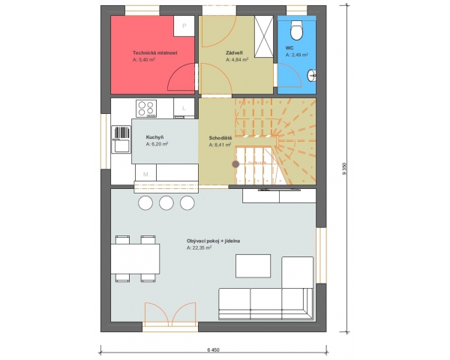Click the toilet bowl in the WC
click(x=296, y=30)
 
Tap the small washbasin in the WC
click(x=312, y=75)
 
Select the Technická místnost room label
click(x=155, y=52)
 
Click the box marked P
click(x=184, y=25)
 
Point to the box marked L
click(x=184, y=108)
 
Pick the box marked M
click(x=145, y=174)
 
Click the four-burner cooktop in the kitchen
click(x=146, y=109)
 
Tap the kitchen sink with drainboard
click(x=122, y=139)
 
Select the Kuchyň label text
click(x=154, y=137)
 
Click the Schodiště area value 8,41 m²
click(x=220, y=145)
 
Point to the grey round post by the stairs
click(x=235, y=164)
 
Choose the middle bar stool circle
click(x=166, y=202)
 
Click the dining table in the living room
click(x=135, y=259)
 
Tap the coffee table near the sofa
click(x=253, y=265)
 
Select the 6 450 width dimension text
click(x=213, y=350)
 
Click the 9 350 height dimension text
click(x=344, y=169)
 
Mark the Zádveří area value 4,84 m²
click(x=237, y=60)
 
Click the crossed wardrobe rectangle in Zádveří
click(x=264, y=37)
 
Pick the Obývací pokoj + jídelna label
click(x=213, y=241)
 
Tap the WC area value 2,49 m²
click(x=297, y=55)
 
